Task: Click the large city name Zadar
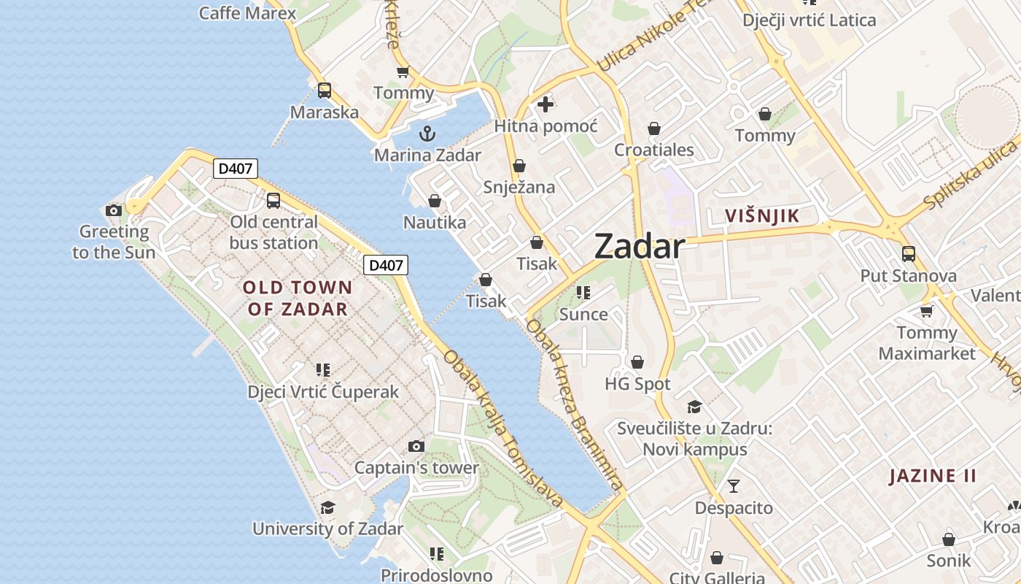pos(640,247)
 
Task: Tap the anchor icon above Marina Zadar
pos(427,134)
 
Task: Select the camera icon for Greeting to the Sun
pos(114,210)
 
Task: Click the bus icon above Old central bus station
pos(273,200)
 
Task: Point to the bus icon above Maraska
pos(325,91)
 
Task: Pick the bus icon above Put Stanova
pos(909,254)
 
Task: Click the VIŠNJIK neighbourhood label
pos(762,215)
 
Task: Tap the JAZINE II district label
pos(933,476)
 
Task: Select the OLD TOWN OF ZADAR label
pos(298,298)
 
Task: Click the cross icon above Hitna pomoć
pos(546,104)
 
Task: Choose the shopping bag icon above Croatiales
pos(654,128)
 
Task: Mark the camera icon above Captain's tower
pos(416,446)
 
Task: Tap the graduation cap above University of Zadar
pos(328,507)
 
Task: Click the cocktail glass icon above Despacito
pos(734,485)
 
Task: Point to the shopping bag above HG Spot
pos(637,362)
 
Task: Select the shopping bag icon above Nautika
pos(435,201)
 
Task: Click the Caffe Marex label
pos(247,12)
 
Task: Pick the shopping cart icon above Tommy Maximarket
pos(926,311)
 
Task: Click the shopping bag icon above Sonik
pos(949,539)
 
